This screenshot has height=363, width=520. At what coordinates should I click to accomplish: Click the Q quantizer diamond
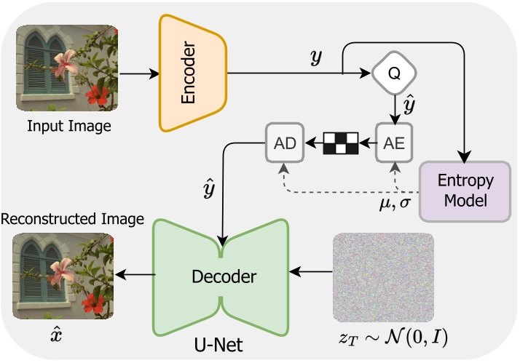[x=394, y=73]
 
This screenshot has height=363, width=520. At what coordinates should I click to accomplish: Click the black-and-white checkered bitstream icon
[x=341, y=142]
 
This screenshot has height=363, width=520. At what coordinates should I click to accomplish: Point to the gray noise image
[x=383, y=277]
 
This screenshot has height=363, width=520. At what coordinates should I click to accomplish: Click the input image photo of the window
[x=70, y=71]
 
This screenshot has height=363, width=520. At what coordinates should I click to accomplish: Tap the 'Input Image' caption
[x=70, y=127]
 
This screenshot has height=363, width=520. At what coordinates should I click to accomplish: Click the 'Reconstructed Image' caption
[x=72, y=219]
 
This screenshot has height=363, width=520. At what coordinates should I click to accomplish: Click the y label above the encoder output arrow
[x=315, y=58]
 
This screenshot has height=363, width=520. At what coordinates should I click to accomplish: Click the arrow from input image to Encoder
[x=138, y=73]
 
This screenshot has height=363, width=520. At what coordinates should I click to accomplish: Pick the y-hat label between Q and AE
[x=411, y=106]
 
